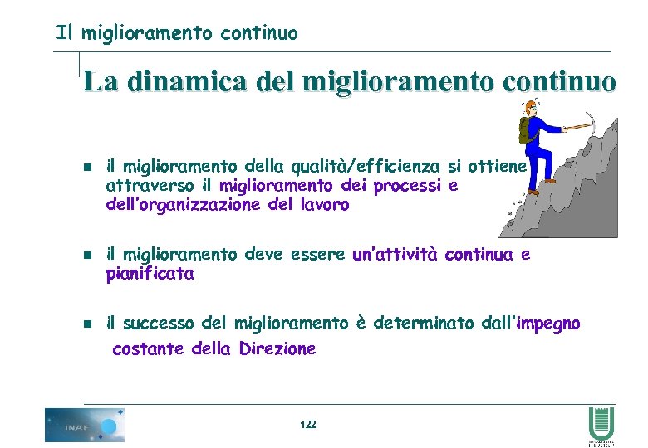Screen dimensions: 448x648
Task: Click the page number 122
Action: click(307, 424)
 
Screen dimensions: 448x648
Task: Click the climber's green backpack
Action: click(526, 129)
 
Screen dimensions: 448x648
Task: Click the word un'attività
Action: click(395, 255)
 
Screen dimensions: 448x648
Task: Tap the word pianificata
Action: click(150, 275)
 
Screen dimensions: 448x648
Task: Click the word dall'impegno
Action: click(531, 324)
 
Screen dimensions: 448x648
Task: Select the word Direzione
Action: click(277, 349)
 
